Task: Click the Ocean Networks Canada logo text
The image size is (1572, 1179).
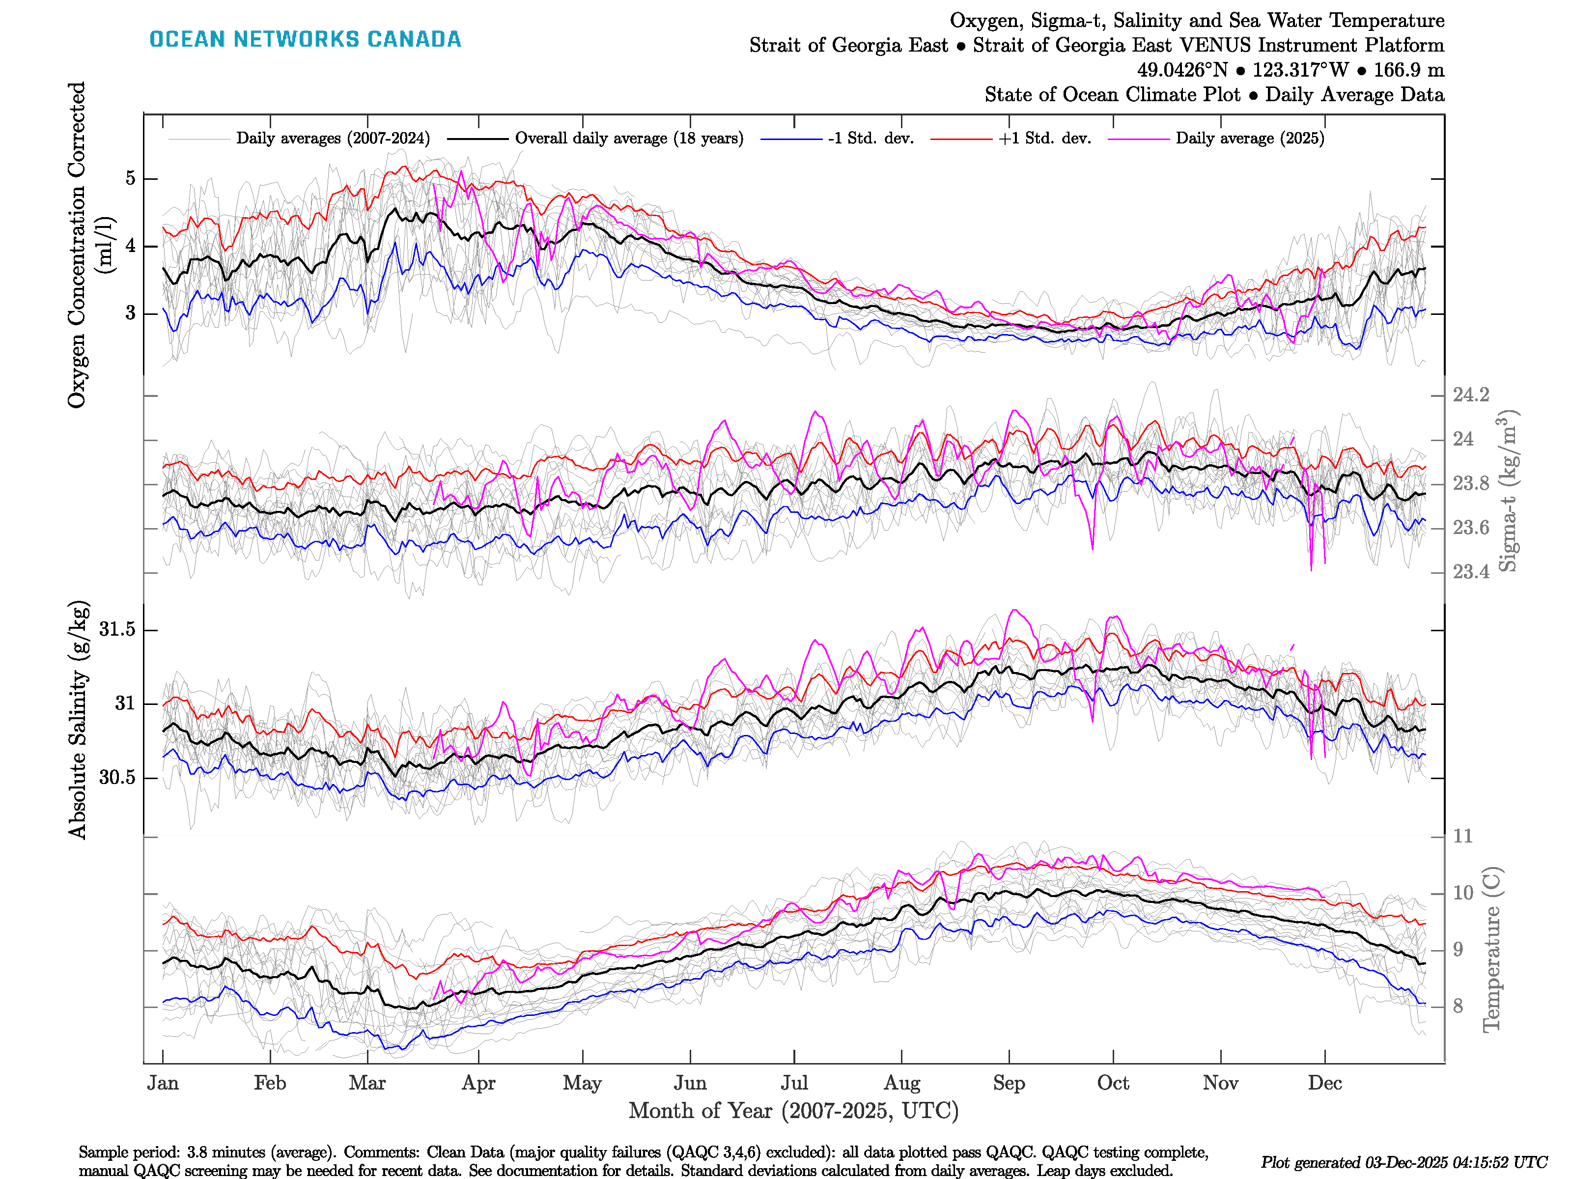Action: coord(305,39)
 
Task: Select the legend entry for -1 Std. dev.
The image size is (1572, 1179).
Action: coord(870,139)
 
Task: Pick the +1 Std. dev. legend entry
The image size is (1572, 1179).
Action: coord(1044,139)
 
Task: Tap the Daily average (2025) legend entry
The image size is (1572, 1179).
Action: coord(1249,139)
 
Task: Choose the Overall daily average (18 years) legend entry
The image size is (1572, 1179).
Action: coord(628,139)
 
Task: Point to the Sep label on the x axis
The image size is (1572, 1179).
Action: coord(1009,1083)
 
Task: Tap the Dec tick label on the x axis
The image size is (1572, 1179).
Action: coord(1325,1083)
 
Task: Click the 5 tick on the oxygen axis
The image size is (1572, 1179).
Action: coord(130,178)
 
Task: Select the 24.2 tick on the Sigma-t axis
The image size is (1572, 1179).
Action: coord(1470,395)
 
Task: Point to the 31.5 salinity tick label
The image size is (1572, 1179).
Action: coord(117,630)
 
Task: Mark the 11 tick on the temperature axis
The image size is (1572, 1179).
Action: coord(1462,837)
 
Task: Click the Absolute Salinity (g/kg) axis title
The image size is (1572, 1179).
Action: coord(78,720)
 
